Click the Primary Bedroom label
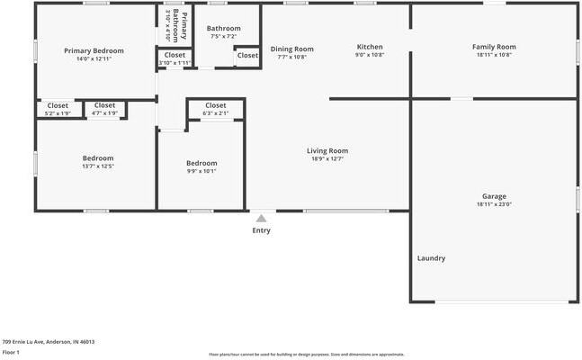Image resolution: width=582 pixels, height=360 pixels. [x=94, y=50]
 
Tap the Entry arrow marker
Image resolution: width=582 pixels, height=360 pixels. [x=261, y=218]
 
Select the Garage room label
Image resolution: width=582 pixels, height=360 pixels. [x=494, y=196]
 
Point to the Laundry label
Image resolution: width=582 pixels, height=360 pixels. [x=431, y=258]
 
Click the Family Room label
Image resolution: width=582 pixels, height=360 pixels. [x=494, y=47]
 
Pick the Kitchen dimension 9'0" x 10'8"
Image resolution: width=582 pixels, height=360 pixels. [x=370, y=55]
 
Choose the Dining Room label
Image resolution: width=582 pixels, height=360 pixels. [x=291, y=49]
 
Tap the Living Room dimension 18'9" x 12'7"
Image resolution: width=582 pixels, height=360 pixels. [x=327, y=159]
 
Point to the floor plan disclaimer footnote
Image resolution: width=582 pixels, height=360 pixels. [x=307, y=355]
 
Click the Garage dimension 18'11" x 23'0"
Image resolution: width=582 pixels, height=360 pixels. [x=494, y=204]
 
